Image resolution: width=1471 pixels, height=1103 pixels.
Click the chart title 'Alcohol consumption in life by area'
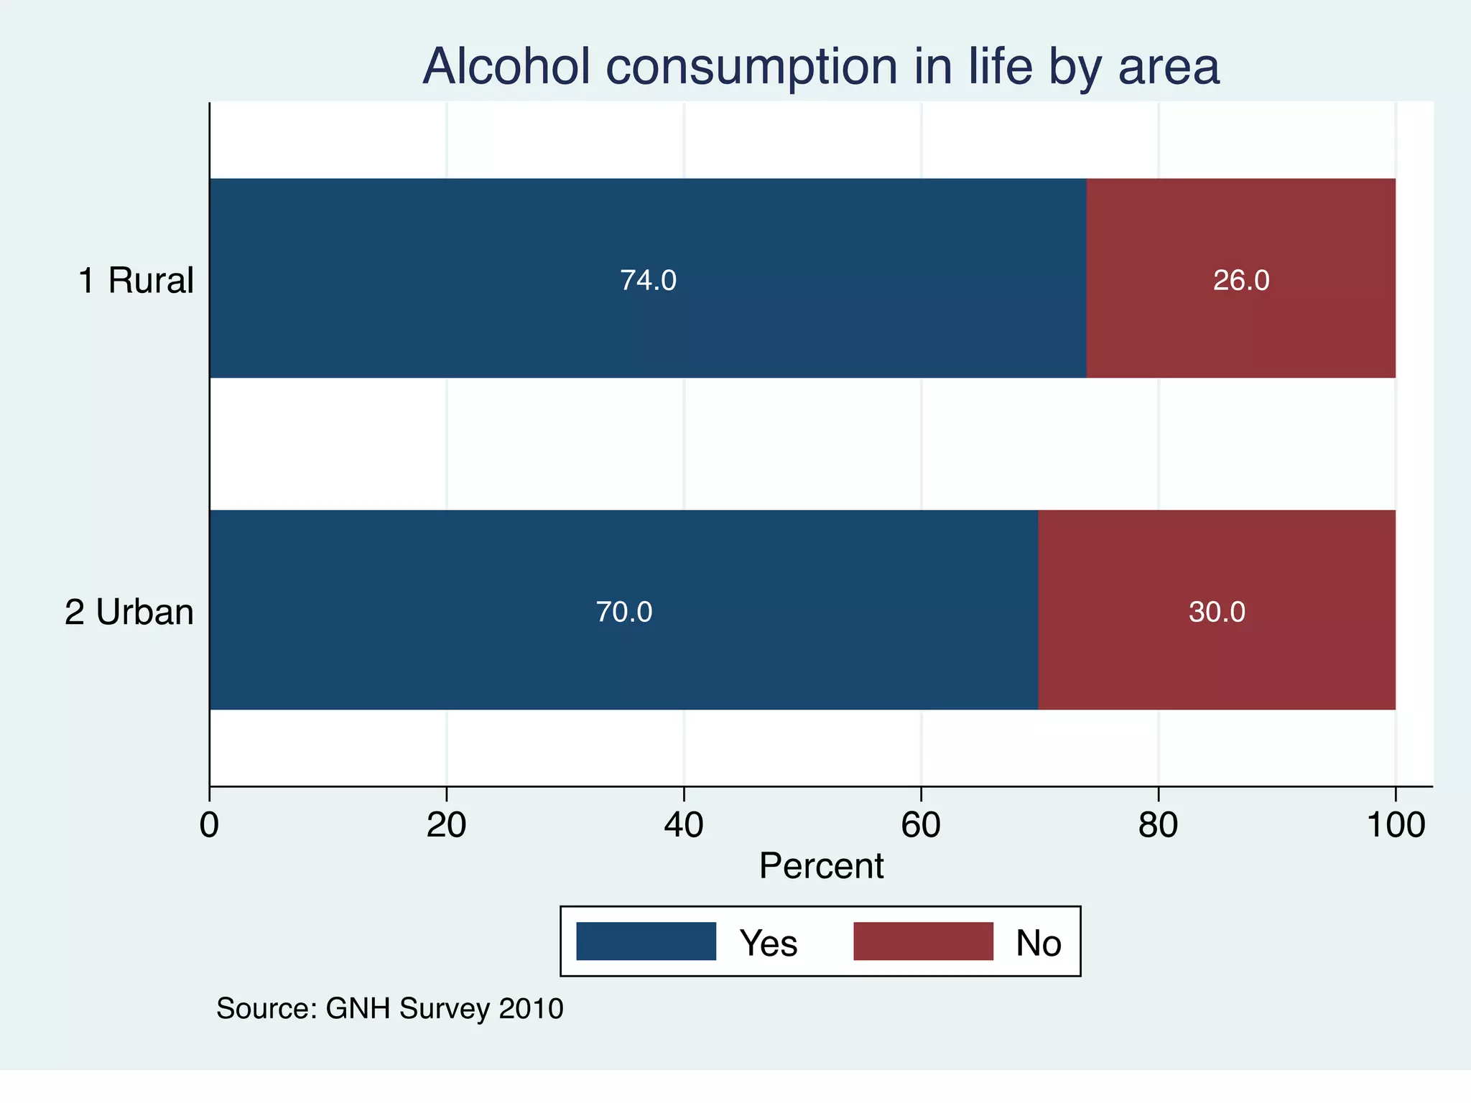821,66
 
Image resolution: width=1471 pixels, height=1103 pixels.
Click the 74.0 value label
648,280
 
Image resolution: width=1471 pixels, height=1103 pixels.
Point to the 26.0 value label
1241,280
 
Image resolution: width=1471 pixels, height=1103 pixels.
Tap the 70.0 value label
624,612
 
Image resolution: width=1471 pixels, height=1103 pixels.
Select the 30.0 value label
1217,612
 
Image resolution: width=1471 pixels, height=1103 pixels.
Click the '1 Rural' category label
136,280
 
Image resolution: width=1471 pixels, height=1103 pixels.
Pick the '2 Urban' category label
129,613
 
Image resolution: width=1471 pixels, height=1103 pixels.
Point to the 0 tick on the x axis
209,825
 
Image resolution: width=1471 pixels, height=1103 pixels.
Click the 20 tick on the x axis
446,825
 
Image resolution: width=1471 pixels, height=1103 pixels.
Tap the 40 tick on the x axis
684,825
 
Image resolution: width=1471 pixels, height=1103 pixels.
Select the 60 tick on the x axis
921,825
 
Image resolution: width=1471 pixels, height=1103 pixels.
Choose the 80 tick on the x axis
1158,825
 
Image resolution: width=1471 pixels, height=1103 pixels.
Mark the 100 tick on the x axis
1396,825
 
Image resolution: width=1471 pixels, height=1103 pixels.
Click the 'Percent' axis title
821,866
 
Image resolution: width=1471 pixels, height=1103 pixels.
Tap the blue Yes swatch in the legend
646,941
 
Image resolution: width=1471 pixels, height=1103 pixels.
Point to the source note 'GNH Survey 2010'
390,1009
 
